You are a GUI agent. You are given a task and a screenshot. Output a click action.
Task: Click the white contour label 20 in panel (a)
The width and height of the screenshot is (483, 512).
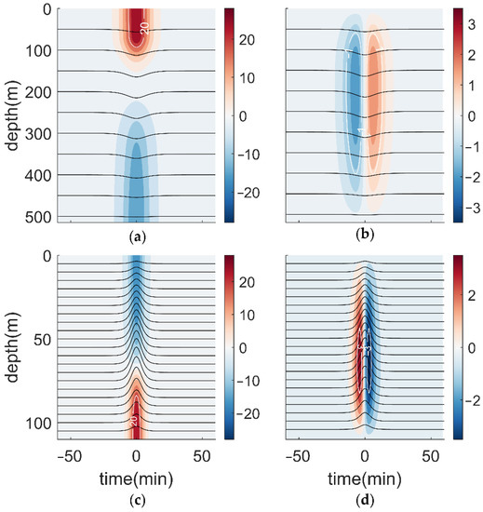point(144,29)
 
